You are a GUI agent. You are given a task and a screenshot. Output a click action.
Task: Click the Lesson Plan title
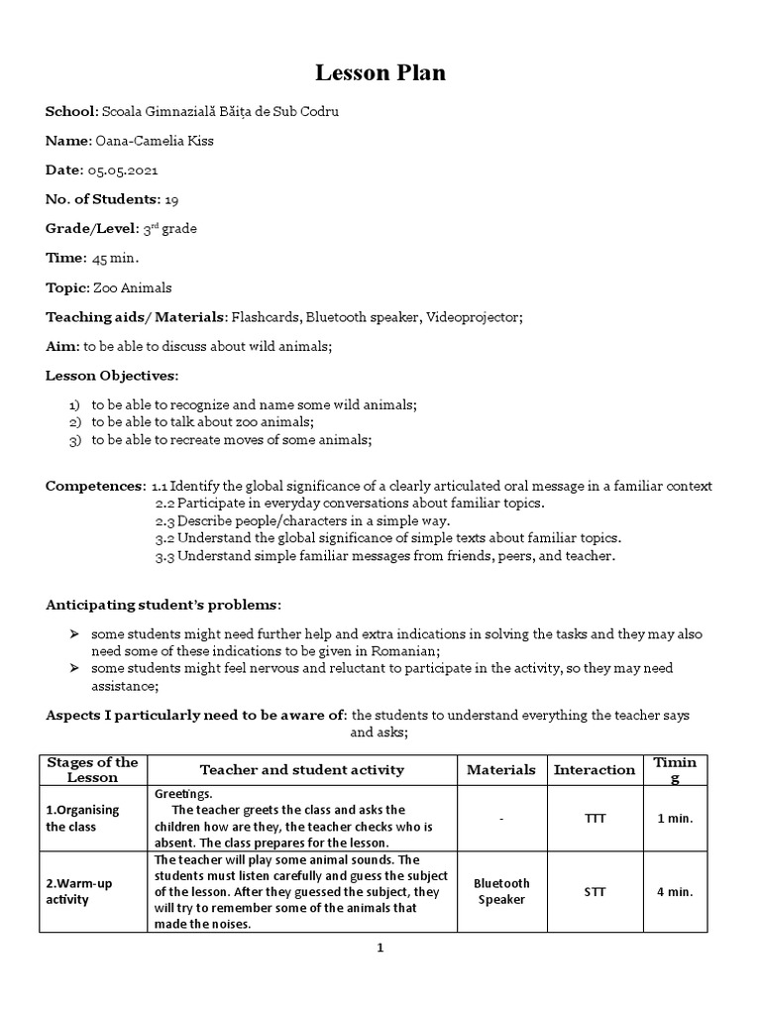[x=380, y=72]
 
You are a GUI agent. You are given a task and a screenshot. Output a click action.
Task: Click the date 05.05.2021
[x=122, y=169]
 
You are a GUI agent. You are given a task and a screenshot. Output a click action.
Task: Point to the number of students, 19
[x=171, y=199]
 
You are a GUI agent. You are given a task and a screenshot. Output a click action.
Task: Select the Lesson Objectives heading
[x=112, y=376]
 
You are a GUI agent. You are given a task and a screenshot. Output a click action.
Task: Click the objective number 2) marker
[x=74, y=422]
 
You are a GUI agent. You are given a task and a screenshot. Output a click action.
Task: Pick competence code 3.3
[x=164, y=556]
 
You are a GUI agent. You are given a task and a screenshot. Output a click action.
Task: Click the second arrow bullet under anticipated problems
[x=74, y=669]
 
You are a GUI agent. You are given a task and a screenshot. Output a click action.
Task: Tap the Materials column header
[x=500, y=769]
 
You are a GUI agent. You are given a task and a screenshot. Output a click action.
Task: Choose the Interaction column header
[x=595, y=769]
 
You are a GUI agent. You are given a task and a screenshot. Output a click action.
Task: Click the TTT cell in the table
[x=595, y=819]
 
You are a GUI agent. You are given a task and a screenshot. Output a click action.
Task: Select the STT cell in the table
[x=595, y=891]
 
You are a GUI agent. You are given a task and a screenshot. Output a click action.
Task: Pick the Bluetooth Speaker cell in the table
[x=501, y=891]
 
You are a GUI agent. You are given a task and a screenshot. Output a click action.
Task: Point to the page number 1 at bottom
[x=380, y=948]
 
